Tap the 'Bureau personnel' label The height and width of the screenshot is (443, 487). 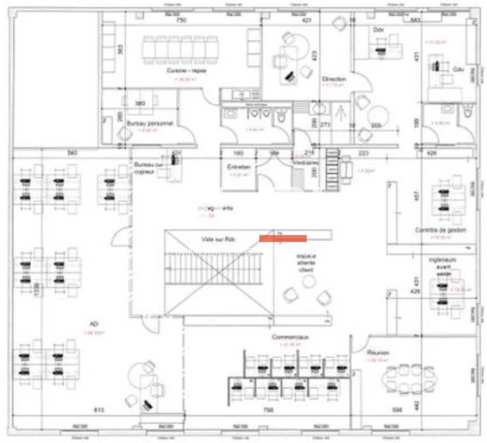coord(150,123)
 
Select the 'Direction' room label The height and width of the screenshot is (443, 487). coord(334,79)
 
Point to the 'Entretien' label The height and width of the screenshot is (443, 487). coord(239,167)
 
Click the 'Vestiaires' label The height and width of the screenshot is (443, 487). coord(306,163)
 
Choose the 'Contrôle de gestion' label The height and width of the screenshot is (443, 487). coord(440,230)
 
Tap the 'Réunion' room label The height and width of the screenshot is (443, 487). coord(378,353)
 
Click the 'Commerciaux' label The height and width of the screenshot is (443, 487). coord(290,337)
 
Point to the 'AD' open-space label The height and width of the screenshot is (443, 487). coord(94,324)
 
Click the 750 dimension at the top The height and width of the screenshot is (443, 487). coord(181,20)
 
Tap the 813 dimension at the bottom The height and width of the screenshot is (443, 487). coord(99,410)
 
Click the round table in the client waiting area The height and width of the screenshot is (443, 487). coord(308,282)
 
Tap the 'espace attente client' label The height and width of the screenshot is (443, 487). coord(306,263)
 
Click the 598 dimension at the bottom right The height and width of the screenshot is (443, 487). coord(397,410)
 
